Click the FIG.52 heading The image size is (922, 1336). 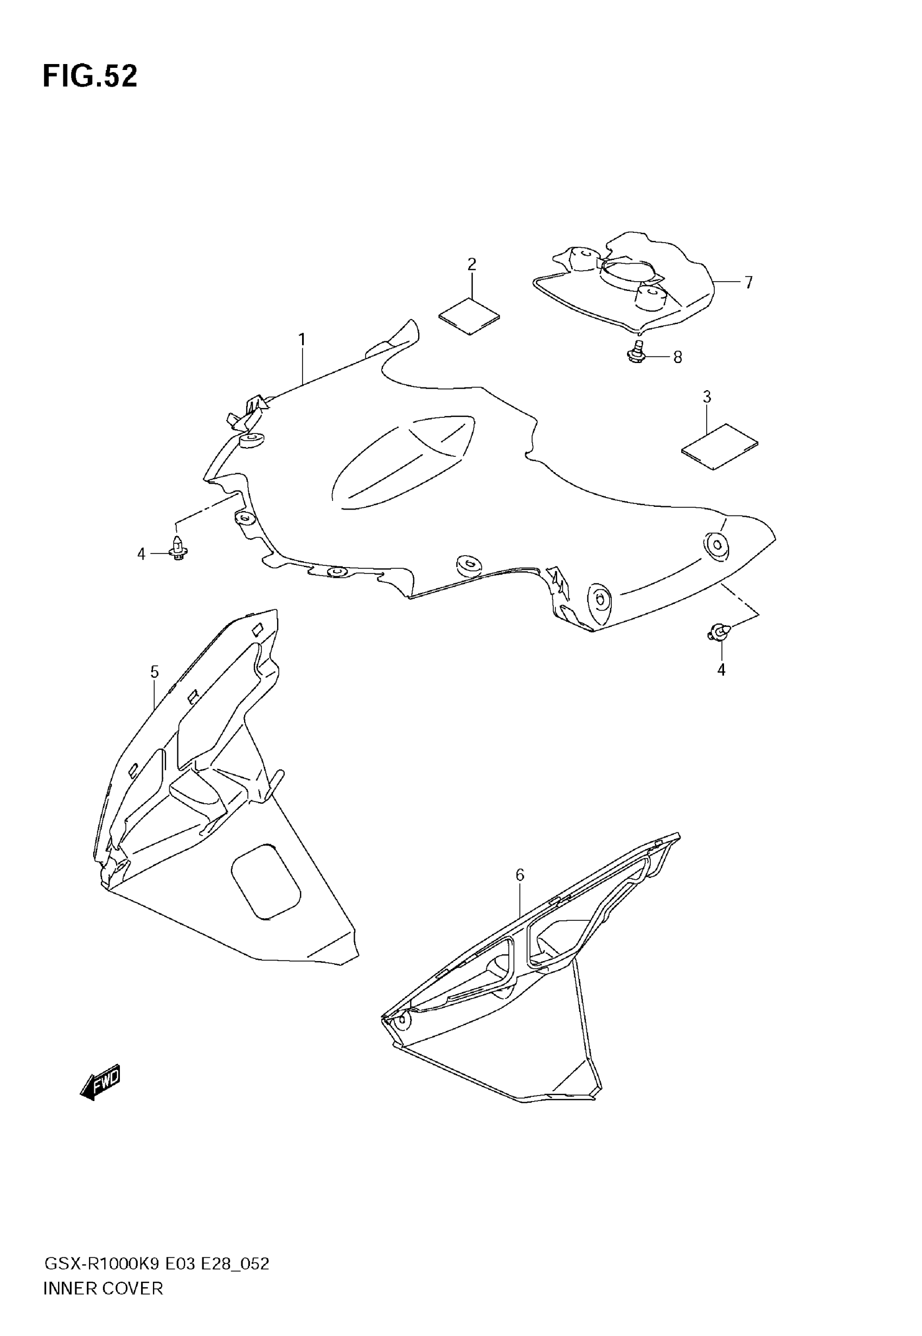(x=90, y=77)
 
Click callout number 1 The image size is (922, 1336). (x=302, y=339)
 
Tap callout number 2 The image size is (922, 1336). (x=471, y=265)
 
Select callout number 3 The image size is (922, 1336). (x=707, y=397)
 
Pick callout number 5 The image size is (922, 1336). (x=154, y=672)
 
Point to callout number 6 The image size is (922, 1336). (x=520, y=875)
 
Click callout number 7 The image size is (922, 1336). (x=748, y=283)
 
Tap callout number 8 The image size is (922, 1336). (x=677, y=358)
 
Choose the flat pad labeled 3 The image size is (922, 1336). (x=719, y=446)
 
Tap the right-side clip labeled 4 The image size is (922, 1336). (x=717, y=632)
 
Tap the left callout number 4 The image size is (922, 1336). (x=141, y=554)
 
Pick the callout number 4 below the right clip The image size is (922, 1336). (x=721, y=670)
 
